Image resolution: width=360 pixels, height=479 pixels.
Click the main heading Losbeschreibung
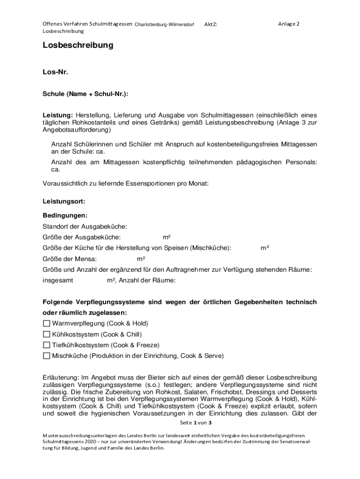[78, 45]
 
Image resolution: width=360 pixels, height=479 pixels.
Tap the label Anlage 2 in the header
[288, 24]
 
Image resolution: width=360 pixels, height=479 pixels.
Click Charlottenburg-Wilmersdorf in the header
[164, 24]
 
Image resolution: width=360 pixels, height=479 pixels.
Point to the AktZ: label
[210, 24]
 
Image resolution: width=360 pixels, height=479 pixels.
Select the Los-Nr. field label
[55, 73]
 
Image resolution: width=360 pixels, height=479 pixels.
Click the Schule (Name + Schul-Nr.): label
[85, 94]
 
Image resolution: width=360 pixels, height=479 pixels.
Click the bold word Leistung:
[58, 115]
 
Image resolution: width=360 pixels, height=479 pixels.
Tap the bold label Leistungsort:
[64, 202]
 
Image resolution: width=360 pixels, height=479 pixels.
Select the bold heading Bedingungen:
[65, 216]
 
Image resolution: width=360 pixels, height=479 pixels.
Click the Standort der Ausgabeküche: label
[85, 226]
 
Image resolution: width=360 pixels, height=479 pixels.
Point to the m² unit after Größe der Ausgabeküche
[166, 237]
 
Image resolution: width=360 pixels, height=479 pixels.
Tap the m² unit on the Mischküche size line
[265, 248]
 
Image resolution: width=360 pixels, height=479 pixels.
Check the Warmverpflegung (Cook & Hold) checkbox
[46, 323]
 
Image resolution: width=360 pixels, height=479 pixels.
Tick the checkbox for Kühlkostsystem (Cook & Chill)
[46, 334]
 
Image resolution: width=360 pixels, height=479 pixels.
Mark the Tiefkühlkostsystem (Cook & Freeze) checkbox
[46, 345]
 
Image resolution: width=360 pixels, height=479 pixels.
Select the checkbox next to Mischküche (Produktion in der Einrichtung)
[46, 356]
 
